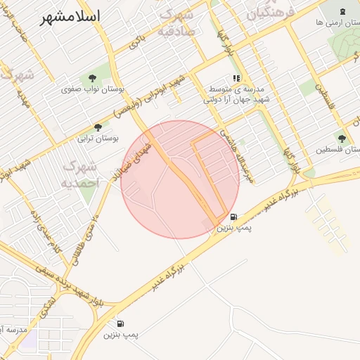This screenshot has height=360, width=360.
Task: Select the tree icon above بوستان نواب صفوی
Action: coord(93,77)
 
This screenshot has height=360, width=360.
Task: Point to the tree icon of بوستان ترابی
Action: coord(97,127)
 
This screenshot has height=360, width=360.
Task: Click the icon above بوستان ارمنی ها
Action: coord(342,11)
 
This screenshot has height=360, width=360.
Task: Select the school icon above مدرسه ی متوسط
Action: coord(237,79)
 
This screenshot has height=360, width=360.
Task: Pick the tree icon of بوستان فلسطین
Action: coord(342,139)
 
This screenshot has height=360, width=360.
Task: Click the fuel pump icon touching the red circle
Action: coord(233,217)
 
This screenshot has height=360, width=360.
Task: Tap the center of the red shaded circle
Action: coord(180,179)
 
